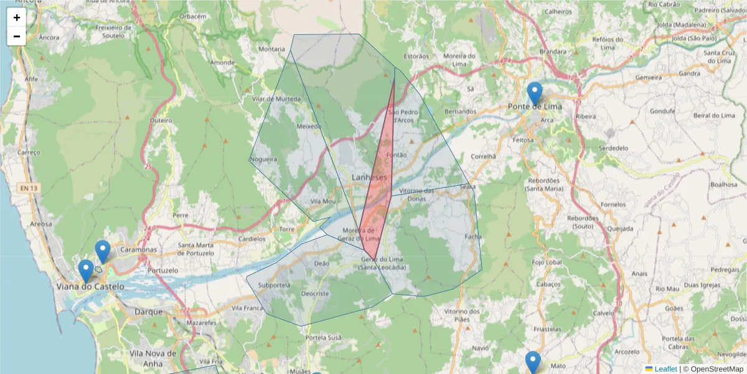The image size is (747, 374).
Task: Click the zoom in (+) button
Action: coord(17,17)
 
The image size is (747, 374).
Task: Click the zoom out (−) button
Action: coord(17,36)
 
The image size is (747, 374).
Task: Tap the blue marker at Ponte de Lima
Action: coord(534,94)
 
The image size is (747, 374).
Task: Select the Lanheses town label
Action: coord(369,178)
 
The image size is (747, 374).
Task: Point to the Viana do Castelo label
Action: coord(90,287)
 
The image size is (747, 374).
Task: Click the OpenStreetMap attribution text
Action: coord(716,369)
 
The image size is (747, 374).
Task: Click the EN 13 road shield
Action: coord(27,188)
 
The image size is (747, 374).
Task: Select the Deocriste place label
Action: coord(314,294)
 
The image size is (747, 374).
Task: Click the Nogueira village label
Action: coord(263,160)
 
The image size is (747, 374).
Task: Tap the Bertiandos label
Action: coord(461,112)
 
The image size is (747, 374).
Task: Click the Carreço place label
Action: coord(29,152)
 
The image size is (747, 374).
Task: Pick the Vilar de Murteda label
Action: coord(276,99)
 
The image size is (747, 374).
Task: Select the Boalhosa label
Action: coord(723,185)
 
